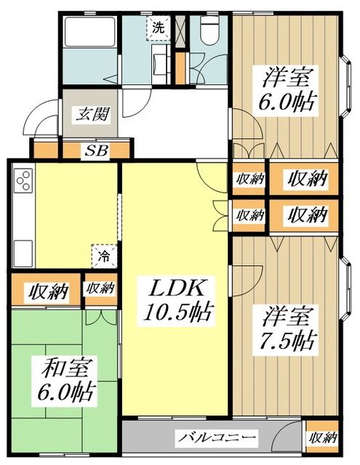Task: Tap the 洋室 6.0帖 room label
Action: (x=286, y=89)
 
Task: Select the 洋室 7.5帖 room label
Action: (x=286, y=328)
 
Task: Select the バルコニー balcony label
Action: (x=217, y=437)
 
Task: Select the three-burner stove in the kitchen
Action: (x=22, y=179)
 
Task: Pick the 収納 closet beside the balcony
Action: (x=321, y=437)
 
